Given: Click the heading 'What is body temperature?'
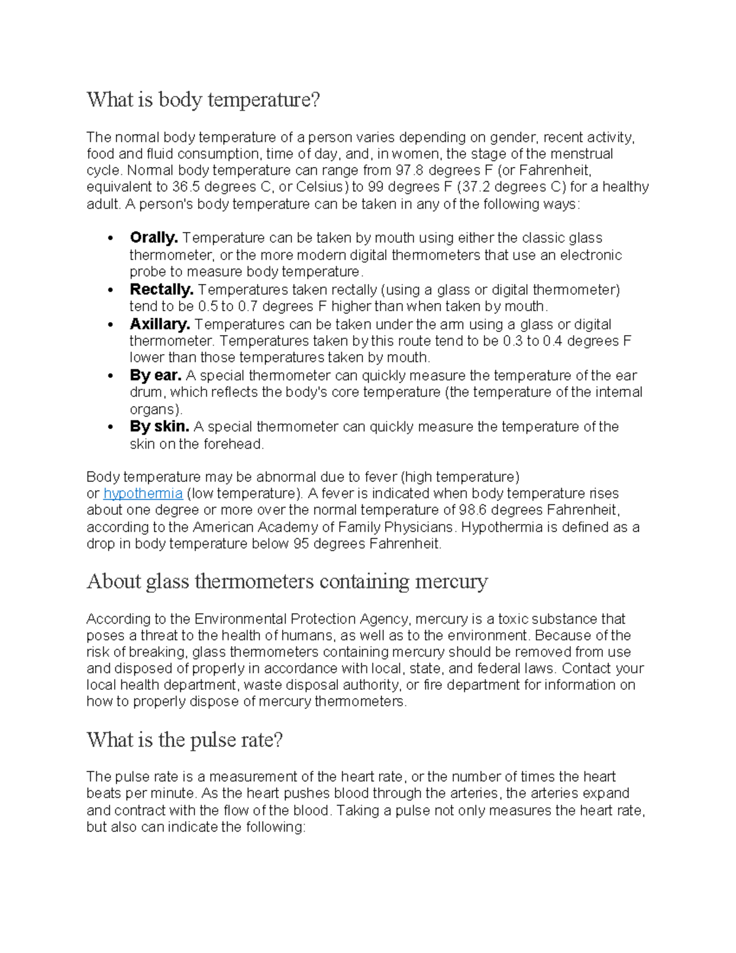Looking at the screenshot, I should pos(203,99).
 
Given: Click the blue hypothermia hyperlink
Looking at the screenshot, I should pos(143,494).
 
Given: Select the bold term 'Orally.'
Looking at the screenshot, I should pos(153,238).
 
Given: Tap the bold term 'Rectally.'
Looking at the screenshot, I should pos(161,290).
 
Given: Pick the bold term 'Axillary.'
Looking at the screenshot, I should pos(159,325).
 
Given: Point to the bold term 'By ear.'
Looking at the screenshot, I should pos(155,376).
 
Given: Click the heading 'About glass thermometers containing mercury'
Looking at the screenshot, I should pos(287,581).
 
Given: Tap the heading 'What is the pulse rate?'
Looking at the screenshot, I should pos(185,740).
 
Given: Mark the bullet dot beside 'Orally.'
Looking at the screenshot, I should pos(110,239).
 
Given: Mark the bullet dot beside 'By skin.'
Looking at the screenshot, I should pos(110,427).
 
